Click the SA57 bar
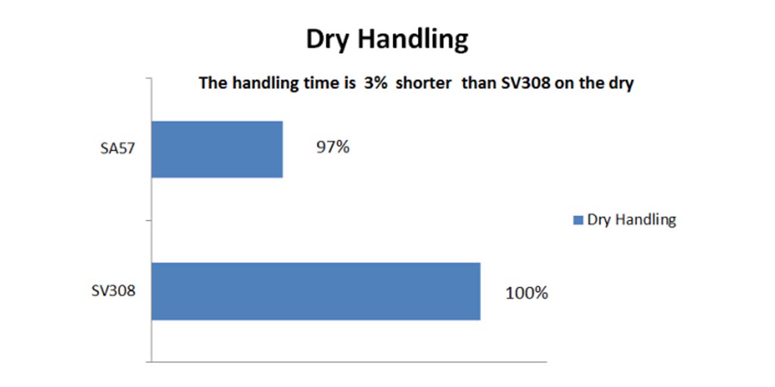click(217, 149)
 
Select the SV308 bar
click(316, 292)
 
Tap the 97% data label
click(333, 147)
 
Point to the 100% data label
click(526, 293)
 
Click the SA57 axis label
click(118, 148)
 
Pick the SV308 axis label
click(113, 291)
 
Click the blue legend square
click(578, 220)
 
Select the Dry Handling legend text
click(632, 220)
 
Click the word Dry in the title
click(327, 39)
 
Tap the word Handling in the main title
click(413, 39)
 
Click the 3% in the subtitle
click(376, 83)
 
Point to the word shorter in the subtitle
click(424, 83)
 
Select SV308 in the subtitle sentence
click(526, 83)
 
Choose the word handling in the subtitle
click(265, 84)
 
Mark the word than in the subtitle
click(479, 83)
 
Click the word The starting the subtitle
click(213, 83)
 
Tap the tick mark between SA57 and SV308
click(149, 221)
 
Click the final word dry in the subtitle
click(619, 84)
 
